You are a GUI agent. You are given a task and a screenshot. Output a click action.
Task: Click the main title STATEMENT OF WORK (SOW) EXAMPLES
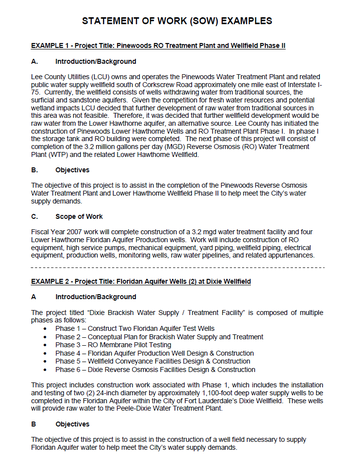point(180,20)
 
